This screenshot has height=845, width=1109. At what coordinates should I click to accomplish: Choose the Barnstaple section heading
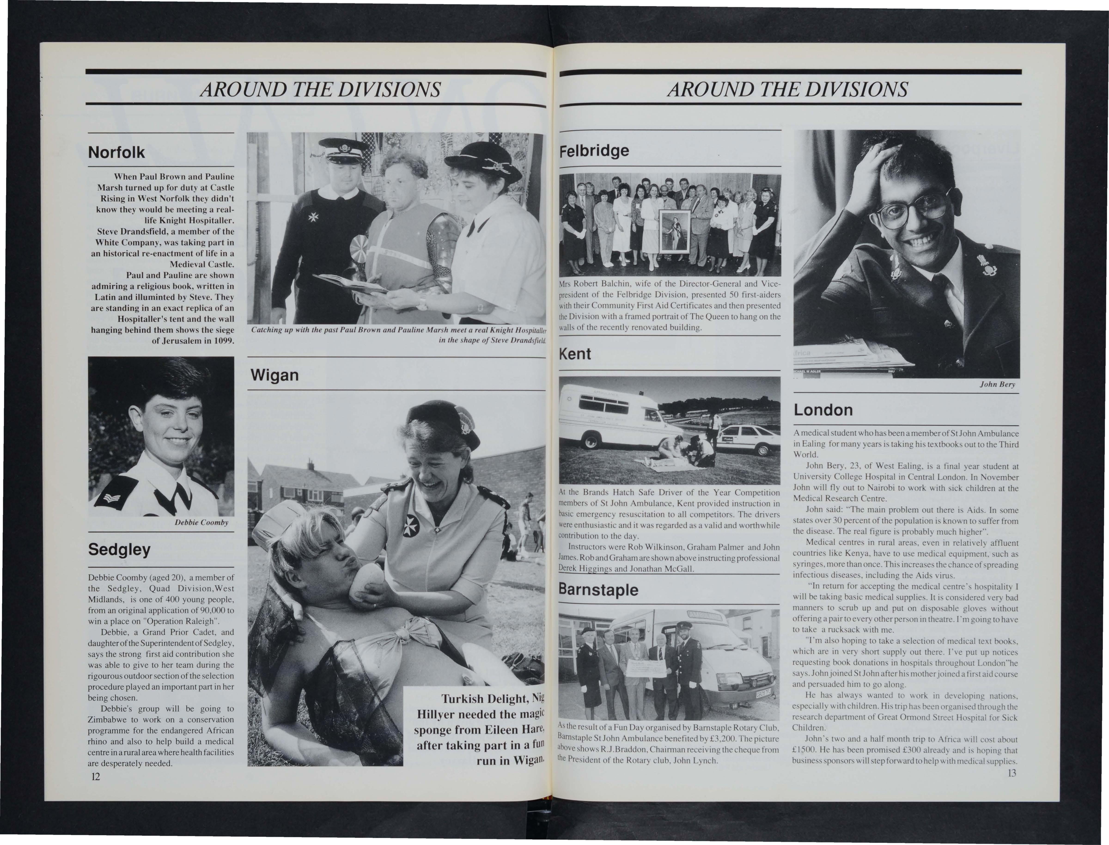pyautogui.click(x=598, y=589)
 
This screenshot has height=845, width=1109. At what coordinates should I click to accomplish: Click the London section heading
pyautogui.click(x=823, y=410)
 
